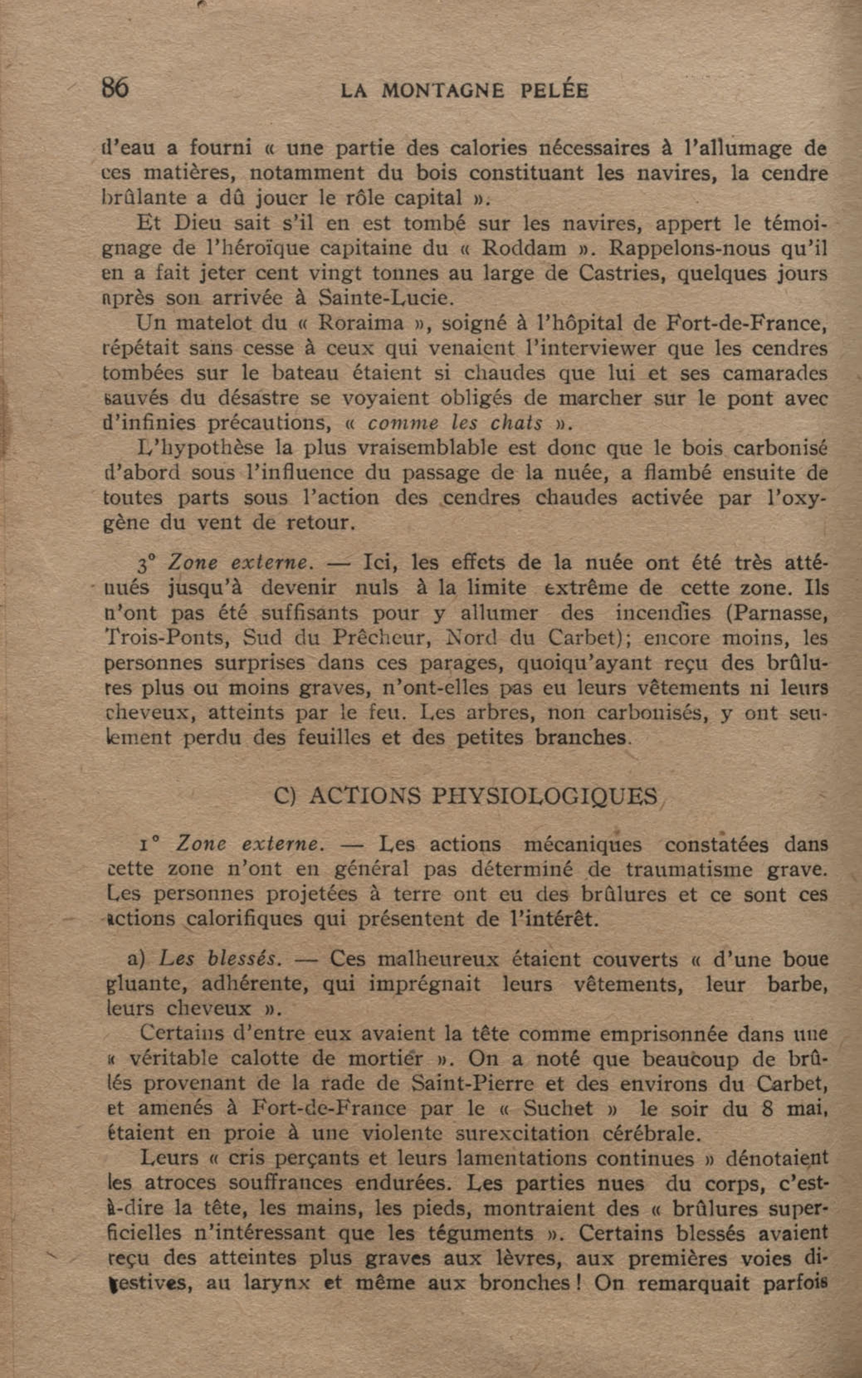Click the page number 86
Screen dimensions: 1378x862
pos(115,88)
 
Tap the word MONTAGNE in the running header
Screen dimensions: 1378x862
pos(442,91)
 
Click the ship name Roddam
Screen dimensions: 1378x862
pos(524,249)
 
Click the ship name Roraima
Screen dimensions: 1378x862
pos(360,323)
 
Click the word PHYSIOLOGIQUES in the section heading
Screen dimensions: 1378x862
pos(545,796)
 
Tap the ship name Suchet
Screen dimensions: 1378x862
pos(558,1108)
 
